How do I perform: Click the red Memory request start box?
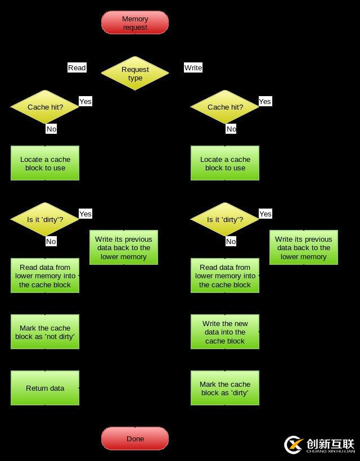(x=135, y=22)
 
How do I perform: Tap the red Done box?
(x=135, y=439)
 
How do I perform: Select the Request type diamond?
(x=135, y=73)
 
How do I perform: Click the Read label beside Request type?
(x=77, y=67)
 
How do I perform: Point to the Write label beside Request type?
(x=193, y=67)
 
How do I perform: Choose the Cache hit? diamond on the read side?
(x=45, y=107)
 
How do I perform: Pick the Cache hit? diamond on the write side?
(x=225, y=107)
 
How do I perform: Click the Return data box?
(x=45, y=388)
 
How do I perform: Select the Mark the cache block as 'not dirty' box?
(x=45, y=332)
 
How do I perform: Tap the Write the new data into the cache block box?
(x=225, y=332)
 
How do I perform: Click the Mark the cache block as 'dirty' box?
(x=225, y=388)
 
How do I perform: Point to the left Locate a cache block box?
(x=45, y=163)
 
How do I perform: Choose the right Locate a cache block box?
(x=225, y=163)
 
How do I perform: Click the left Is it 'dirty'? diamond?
(x=45, y=219)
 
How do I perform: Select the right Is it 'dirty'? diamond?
(x=225, y=219)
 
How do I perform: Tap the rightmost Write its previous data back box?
(x=304, y=247)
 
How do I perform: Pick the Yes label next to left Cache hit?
(x=85, y=101)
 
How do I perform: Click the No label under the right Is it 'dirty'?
(x=231, y=241)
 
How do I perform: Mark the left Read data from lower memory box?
(x=45, y=275)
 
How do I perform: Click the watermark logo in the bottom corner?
(x=319, y=445)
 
